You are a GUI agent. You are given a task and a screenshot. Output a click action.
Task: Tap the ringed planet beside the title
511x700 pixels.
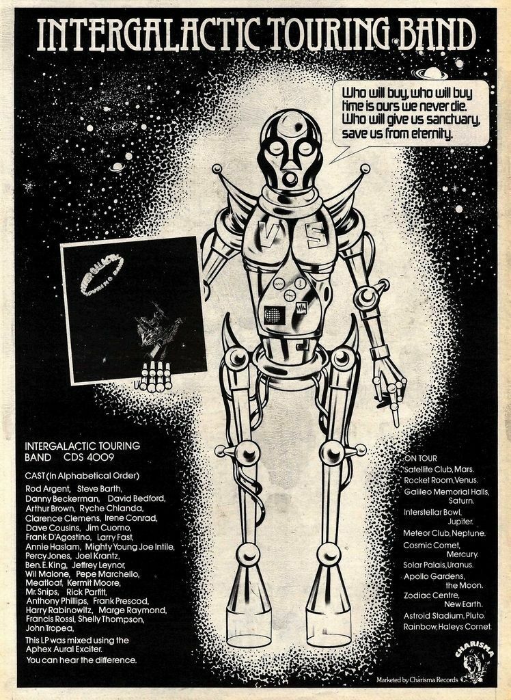431,72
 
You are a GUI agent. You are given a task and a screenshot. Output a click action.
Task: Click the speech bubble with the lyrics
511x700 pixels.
410,113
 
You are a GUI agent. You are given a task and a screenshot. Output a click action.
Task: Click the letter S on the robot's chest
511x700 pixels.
315,235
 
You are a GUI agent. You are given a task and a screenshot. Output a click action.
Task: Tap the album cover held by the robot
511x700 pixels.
134,310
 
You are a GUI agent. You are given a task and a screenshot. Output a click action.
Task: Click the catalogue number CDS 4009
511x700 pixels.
89,456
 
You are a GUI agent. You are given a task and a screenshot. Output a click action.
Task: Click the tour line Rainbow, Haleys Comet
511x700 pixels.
447,626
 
